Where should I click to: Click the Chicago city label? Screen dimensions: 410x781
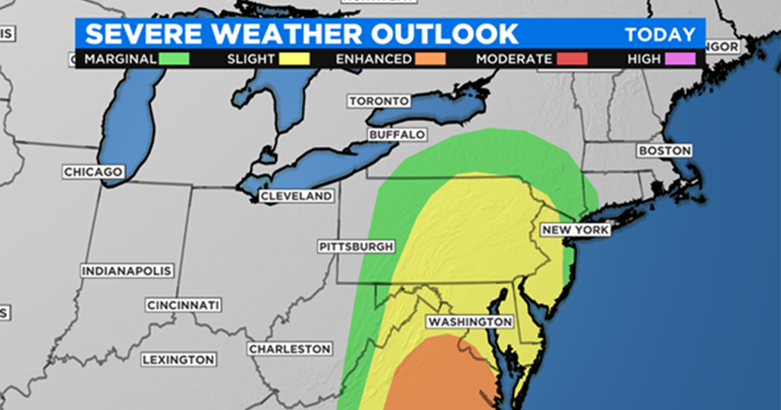pos(93,172)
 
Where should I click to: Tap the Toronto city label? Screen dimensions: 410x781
pos(379,101)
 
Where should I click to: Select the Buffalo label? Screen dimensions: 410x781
pos(397,135)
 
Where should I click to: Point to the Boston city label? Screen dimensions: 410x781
pos(664,151)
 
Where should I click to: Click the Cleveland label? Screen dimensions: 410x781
pos(297,196)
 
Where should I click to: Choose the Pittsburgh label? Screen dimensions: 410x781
pos(356,246)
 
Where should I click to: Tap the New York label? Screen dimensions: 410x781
pos(575,229)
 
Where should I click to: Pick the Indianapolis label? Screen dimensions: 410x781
pos(127,271)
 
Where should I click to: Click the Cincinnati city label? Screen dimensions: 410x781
pos(184,305)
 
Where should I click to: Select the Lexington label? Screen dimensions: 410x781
pos(178,359)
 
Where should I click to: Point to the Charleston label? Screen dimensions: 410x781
pos(290,348)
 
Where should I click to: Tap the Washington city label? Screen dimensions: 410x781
pos(469,322)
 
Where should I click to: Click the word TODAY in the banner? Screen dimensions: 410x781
pos(660,34)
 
